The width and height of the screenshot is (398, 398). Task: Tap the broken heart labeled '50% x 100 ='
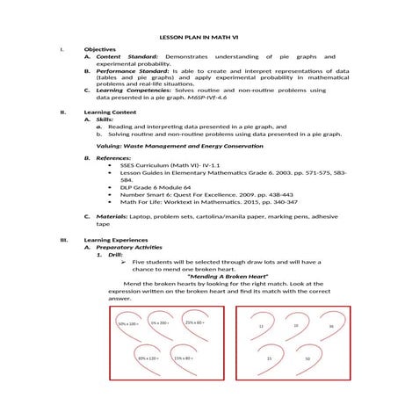pyautogui.click(x=129, y=325)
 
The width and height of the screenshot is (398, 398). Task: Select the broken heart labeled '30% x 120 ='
pyautogui.click(x=146, y=358)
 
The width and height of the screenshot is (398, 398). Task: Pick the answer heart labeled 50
pyautogui.click(x=308, y=359)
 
